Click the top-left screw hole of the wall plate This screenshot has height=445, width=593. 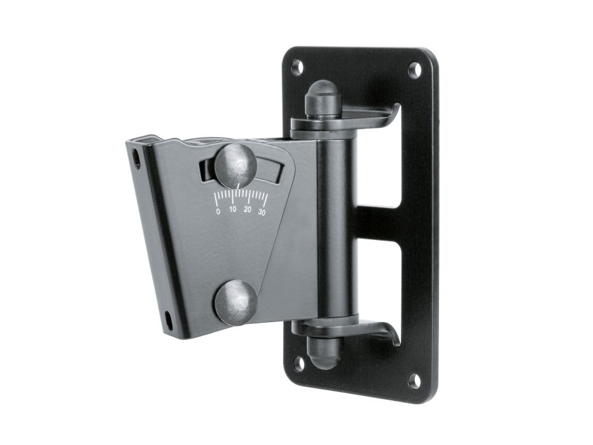click(x=298, y=67)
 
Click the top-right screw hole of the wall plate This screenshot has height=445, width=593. click(x=415, y=71)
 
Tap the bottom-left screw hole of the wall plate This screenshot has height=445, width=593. click(x=299, y=364)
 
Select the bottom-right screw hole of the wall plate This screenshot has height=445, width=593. click(x=415, y=381)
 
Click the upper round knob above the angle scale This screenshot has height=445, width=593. click(x=235, y=166)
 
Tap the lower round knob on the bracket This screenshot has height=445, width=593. click(x=236, y=302)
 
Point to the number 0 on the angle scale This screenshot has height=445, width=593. click(x=218, y=211)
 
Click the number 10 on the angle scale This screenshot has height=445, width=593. click(x=233, y=209)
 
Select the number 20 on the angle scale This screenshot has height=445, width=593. click(x=248, y=209)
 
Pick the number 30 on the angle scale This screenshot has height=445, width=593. click(x=262, y=212)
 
